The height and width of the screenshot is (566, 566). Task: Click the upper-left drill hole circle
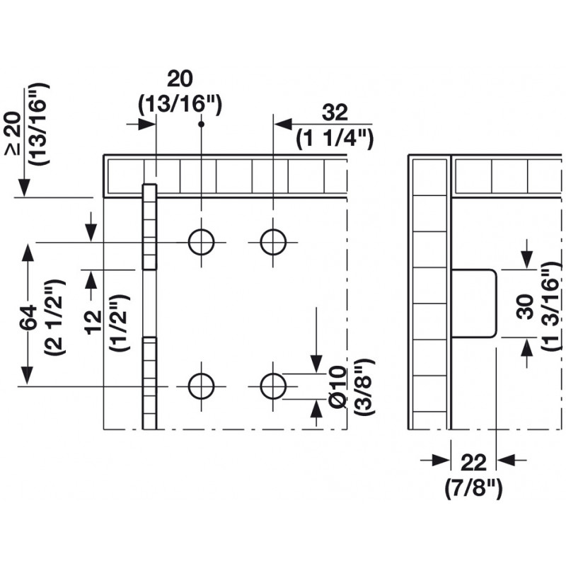(202, 242)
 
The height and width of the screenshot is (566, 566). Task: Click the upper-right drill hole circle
(272, 242)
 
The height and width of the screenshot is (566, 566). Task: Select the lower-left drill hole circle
(202, 386)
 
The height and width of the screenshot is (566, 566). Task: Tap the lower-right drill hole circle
(272, 386)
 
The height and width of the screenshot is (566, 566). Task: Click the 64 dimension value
(28, 319)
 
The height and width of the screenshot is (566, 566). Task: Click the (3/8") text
(364, 386)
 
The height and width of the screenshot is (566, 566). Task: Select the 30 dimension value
(524, 306)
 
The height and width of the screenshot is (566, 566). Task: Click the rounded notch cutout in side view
(475, 302)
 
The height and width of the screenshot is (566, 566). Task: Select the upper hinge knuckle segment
(149, 226)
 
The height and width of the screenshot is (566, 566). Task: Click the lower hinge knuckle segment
(149, 383)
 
